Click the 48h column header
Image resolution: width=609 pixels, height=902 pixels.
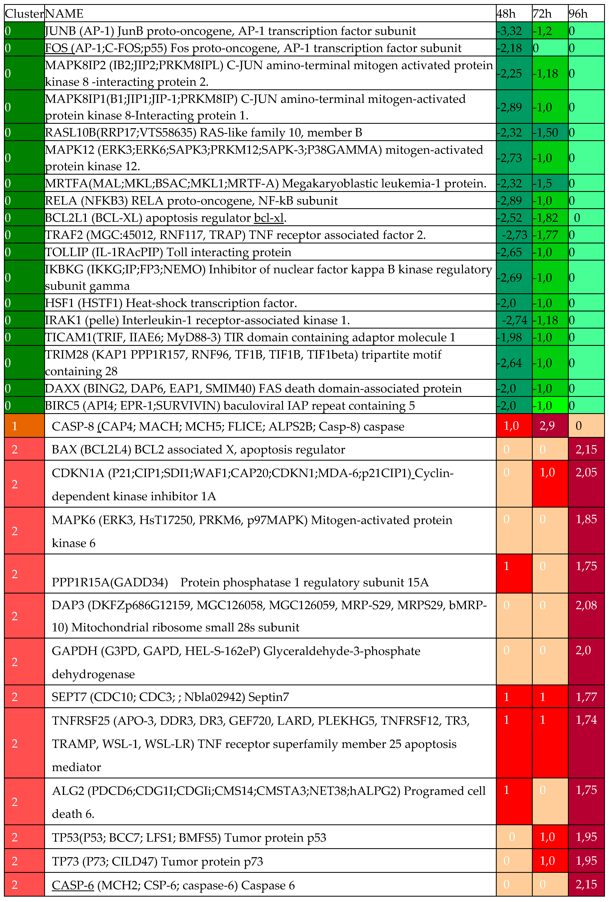[x=506, y=14]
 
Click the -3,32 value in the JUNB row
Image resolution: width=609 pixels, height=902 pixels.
[x=509, y=31]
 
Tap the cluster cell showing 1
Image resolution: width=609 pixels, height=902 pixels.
[x=15, y=426]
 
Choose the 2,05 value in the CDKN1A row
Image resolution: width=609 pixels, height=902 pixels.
[x=586, y=473]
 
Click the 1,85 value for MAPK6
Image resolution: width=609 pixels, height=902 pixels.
[x=586, y=520]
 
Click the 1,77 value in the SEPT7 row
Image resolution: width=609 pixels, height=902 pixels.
[x=586, y=697]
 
